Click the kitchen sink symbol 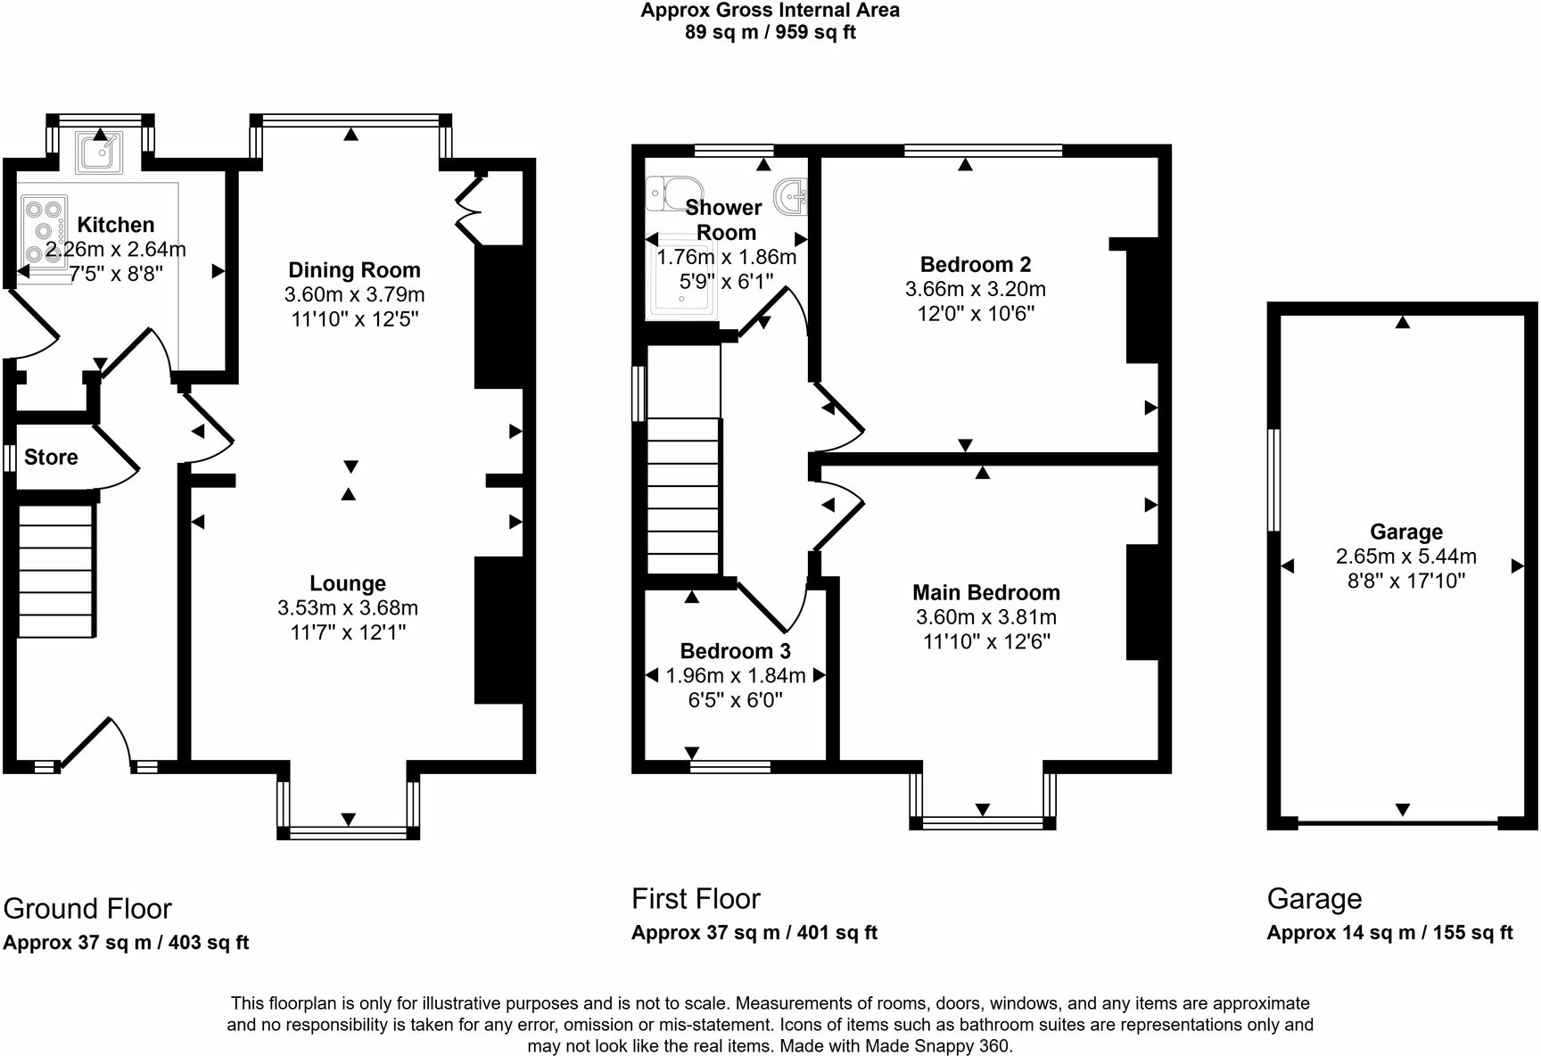98,152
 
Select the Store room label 51,458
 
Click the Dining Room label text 354,270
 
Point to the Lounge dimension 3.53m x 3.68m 348,608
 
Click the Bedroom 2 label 976,265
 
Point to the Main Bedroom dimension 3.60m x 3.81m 986,617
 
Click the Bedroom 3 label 735,651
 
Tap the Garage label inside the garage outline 1406,532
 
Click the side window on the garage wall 1274,481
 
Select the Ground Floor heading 87,909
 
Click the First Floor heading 696,899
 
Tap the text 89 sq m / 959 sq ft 770,33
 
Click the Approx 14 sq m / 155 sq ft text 1389,933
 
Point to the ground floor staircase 55,571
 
